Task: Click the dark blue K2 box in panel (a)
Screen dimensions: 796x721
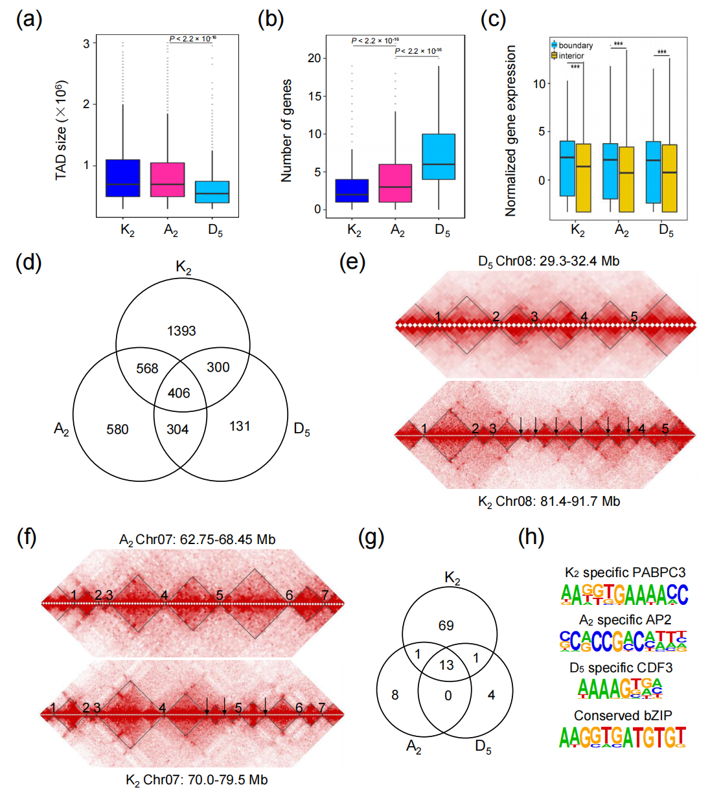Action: [122, 178]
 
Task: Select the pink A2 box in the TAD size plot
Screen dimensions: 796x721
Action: [168, 179]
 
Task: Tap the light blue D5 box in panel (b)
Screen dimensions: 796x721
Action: [439, 157]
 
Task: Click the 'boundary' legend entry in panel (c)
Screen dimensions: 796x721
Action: [575, 45]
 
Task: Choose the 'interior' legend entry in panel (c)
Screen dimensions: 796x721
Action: [571, 56]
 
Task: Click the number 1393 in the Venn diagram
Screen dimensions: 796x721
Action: [181, 331]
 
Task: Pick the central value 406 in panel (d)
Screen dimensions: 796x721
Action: [179, 392]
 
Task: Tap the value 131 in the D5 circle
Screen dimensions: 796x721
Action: [240, 426]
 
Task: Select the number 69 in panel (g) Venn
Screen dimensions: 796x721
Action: [446, 625]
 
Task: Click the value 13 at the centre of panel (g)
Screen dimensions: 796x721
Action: [446, 665]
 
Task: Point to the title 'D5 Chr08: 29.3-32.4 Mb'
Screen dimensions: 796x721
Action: [548, 261]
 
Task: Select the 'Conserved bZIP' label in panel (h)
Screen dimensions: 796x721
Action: [623, 715]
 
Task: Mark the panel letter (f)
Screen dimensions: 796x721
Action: [27, 538]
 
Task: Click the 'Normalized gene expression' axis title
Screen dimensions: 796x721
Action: [510, 130]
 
